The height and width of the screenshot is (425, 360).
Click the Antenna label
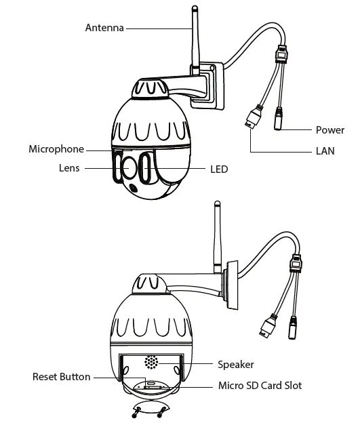104,28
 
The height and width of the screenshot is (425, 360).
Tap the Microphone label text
56,149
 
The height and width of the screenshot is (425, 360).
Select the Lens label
68,168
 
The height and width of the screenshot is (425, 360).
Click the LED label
219,169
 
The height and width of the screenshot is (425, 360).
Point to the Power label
329,129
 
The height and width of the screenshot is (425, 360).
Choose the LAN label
325,151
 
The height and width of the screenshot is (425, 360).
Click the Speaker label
235,365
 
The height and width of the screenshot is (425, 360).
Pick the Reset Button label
61,377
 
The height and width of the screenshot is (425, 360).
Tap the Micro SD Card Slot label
260,386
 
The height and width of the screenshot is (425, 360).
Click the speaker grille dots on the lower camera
151,363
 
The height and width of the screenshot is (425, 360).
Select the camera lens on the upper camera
125,169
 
